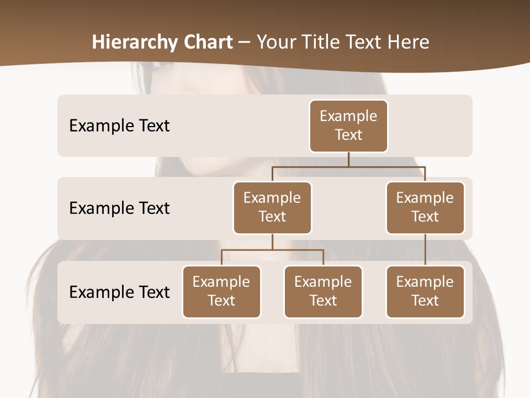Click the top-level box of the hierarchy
pyautogui.click(x=348, y=125)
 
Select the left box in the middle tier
pyautogui.click(x=272, y=207)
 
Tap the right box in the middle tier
pyautogui.click(x=425, y=207)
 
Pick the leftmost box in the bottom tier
pyautogui.click(x=221, y=291)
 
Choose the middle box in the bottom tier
pyautogui.click(x=323, y=291)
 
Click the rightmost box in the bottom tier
pyautogui.click(x=425, y=291)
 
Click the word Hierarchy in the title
pyautogui.click(x=135, y=42)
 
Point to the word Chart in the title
pyautogui.click(x=208, y=42)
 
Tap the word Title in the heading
pyautogui.click(x=321, y=42)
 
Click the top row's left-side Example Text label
pyautogui.click(x=119, y=125)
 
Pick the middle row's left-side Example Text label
pyautogui.click(x=119, y=208)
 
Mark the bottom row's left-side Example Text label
pyautogui.click(x=119, y=292)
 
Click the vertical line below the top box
pyautogui.click(x=348, y=159)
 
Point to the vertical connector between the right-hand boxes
pyautogui.click(x=425, y=249)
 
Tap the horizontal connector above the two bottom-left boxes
pyautogui.click(x=272, y=250)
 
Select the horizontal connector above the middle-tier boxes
pyautogui.click(x=348, y=166)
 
